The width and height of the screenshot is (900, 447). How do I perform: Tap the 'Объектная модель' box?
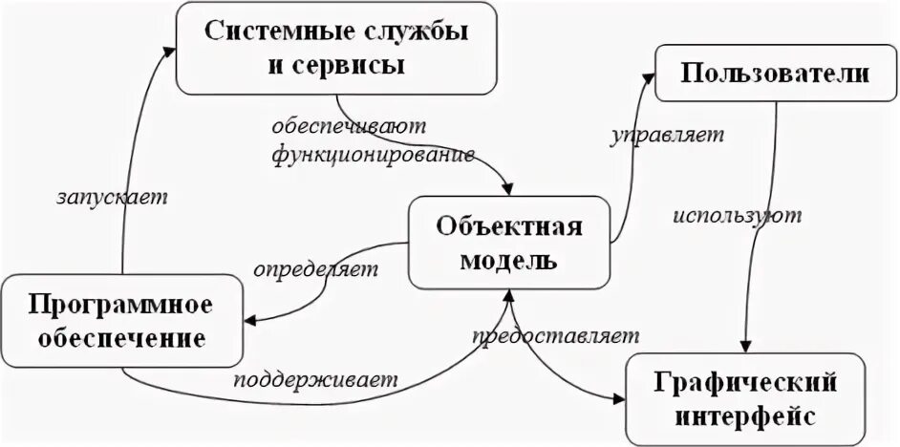pos(508,243)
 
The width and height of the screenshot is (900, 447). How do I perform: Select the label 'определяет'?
pos(315,270)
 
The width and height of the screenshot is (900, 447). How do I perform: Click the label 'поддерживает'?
pos(315,378)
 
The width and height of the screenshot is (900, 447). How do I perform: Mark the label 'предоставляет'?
pos(555,337)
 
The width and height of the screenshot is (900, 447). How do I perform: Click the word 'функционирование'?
pos(373,154)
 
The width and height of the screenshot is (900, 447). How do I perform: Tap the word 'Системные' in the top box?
pos(276,32)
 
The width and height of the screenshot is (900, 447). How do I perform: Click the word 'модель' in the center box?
pos(509,260)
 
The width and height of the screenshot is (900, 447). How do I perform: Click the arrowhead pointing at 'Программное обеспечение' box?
pos(249,322)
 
